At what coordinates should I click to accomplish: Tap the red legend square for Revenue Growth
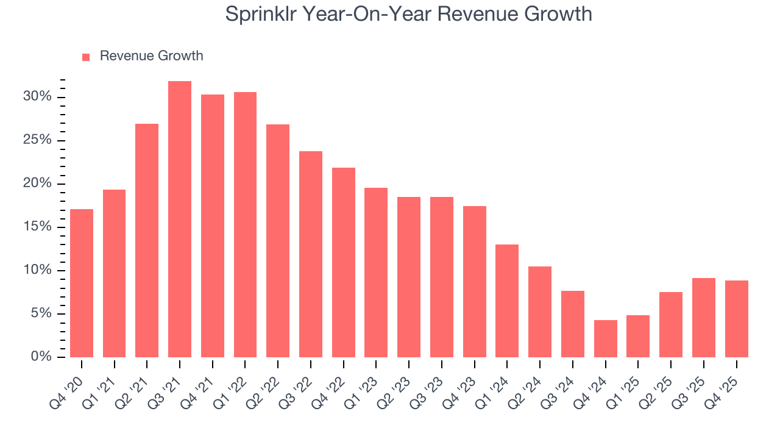(x=86, y=57)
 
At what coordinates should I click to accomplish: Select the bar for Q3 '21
(x=180, y=219)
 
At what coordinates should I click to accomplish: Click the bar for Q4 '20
(x=82, y=283)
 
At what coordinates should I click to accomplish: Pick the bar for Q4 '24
(x=606, y=338)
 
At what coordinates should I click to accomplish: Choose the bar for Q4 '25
(x=736, y=319)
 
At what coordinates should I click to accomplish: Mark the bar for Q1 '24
(x=507, y=301)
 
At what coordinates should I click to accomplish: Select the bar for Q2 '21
(x=147, y=240)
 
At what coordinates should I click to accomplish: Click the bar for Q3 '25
(x=704, y=318)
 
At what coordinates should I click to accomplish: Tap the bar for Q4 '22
(x=344, y=262)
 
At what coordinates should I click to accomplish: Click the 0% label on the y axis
(x=41, y=357)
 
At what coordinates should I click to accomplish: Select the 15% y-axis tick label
(x=38, y=227)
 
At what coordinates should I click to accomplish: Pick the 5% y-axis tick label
(x=41, y=313)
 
